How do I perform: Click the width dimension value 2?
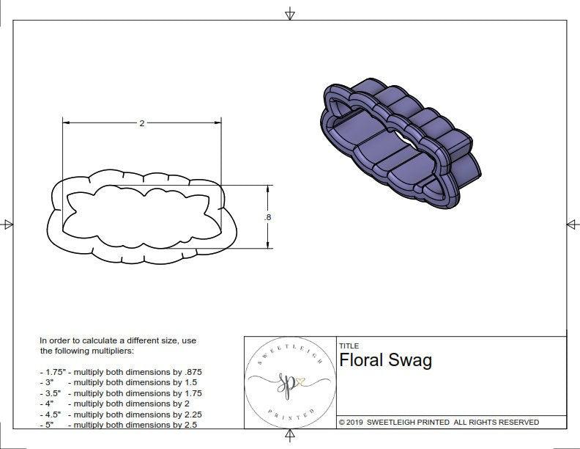coord(141,123)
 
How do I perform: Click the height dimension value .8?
coord(268,217)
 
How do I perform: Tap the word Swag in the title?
coord(412,360)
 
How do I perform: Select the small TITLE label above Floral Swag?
coord(349,346)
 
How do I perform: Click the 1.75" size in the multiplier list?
coord(53,372)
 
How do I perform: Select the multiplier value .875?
coord(190,372)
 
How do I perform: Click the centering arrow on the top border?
coord(290,13)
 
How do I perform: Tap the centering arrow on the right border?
coord(572,224)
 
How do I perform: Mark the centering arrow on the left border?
coord(7,224)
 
